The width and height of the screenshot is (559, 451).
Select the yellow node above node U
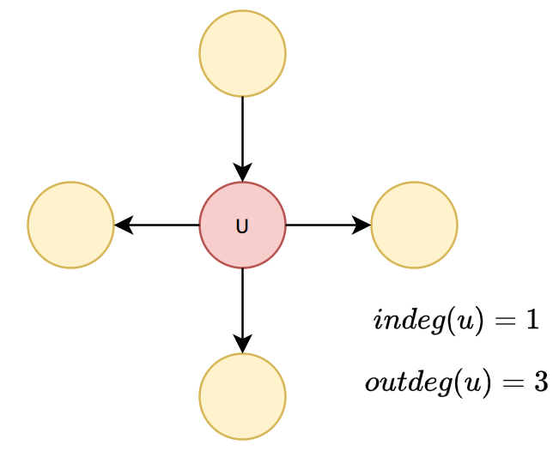242,53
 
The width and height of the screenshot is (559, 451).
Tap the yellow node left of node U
70,225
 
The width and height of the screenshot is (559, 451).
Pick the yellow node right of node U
414,225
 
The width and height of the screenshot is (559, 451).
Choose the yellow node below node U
242,396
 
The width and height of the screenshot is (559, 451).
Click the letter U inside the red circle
242,226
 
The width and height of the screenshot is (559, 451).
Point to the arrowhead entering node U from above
242,172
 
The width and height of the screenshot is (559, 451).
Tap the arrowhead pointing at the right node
362,225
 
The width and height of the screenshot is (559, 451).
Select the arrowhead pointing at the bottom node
242,344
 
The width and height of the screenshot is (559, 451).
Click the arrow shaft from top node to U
242,129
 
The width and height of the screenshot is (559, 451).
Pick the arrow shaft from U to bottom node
242,300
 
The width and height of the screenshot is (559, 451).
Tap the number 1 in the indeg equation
532,320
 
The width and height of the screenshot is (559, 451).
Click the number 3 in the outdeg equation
540,382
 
